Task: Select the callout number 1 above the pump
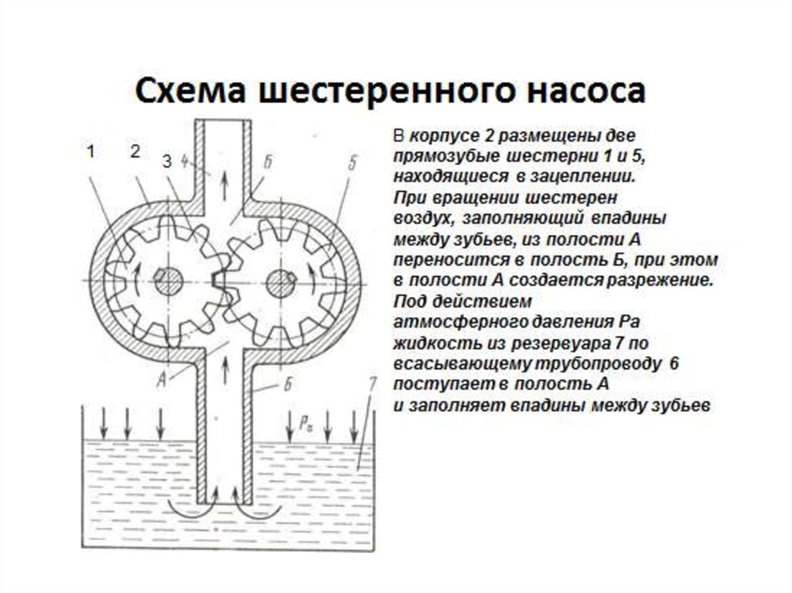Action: coord(90,152)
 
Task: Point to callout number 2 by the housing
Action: coord(134,152)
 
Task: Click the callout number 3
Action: coord(166,162)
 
